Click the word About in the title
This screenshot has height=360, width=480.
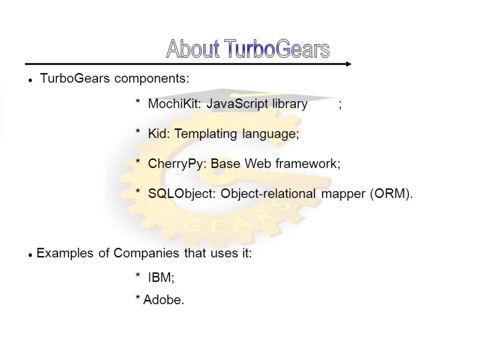(193, 49)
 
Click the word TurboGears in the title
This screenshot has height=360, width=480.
(277, 49)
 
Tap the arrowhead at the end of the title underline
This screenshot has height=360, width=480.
(348, 64)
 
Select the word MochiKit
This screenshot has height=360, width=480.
(174, 104)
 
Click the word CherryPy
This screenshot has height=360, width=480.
(178, 164)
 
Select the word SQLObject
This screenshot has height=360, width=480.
(182, 194)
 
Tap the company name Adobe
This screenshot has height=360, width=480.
(162, 300)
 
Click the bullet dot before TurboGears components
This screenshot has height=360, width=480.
(30, 81)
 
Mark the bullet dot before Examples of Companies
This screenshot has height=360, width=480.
(30, 255)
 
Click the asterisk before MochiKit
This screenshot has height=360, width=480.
(138, 101)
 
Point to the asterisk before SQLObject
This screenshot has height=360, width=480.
(138, 191)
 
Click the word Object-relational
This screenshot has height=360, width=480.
(268, 194)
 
